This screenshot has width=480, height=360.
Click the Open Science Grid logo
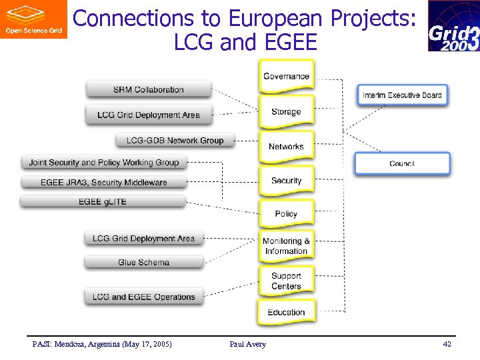(33, 19)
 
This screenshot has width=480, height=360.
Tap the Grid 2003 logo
(453, 27)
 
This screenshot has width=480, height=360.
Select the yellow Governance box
(286, 77)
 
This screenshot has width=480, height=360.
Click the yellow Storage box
(286, 112)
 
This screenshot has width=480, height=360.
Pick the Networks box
(286, 147)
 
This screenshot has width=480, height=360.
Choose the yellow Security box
(286, 181)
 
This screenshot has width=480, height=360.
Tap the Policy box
(286, 214)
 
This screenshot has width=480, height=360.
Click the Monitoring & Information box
(286, 246)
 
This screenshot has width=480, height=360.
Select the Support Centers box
(286, 281)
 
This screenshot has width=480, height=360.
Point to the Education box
(286, 312)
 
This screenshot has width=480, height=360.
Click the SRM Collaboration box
(148, 89)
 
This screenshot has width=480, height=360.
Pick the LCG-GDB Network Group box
(175, 140)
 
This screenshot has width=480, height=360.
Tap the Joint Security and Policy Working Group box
(104, 162)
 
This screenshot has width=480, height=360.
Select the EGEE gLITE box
(102, 201)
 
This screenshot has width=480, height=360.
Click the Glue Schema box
(143, 262)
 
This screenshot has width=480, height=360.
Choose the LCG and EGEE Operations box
(143, 297)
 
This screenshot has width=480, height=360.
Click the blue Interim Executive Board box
(402, 95)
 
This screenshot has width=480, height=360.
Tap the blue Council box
(402, 163)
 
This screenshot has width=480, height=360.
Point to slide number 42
(447, 344)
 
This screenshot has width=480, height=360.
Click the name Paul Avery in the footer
(247, 344)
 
